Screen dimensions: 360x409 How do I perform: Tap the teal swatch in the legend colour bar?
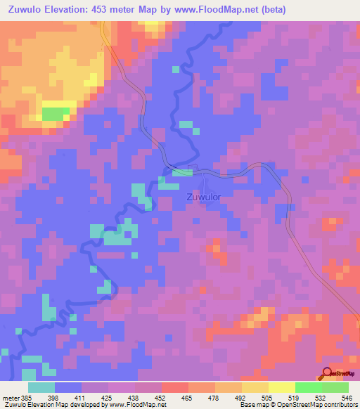(41, 387)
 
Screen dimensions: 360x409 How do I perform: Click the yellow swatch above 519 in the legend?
(281, 387)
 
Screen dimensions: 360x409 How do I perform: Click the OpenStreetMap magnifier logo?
(328, 373)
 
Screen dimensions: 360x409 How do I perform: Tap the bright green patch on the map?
(56, 114)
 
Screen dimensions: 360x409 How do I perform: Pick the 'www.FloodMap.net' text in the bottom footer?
(138, 404)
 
